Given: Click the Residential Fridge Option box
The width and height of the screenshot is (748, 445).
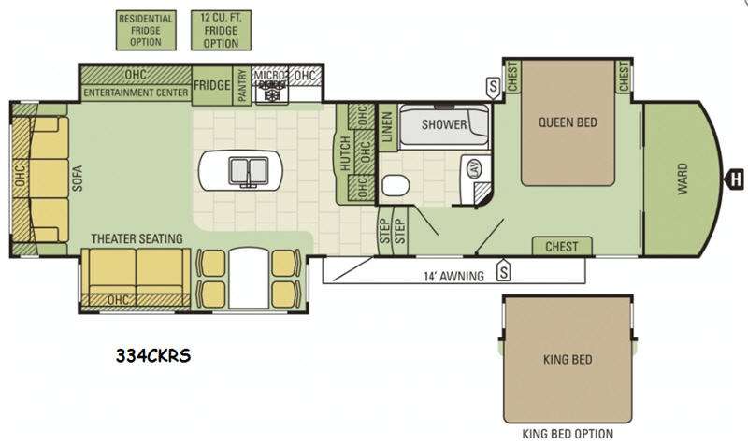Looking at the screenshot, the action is [146, 30].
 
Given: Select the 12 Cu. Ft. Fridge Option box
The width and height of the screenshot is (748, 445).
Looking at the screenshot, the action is [221, 30].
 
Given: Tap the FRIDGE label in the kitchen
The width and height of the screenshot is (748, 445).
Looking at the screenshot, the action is [212, 85].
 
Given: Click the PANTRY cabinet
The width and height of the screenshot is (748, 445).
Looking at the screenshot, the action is [242, 85].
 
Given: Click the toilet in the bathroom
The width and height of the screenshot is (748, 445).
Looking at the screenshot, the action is [396, 185].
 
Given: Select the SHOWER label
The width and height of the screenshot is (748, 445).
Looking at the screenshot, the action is [444, 124].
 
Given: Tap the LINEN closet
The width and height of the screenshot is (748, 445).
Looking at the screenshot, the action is [387, 127].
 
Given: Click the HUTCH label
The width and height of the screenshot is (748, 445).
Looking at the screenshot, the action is [345, 153].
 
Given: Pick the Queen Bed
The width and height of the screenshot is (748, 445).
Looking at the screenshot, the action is [568, 122].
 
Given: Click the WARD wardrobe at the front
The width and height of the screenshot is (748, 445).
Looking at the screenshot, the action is [681, 179].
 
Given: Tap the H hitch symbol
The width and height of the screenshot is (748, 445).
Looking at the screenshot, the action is [735, 179].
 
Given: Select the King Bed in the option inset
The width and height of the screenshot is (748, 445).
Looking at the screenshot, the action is [568, 359].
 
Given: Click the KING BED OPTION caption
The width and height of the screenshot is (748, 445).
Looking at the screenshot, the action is [568, 434].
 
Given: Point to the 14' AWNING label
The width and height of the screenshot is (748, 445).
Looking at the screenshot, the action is [453, 276].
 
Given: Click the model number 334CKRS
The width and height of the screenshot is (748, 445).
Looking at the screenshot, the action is [153, 355].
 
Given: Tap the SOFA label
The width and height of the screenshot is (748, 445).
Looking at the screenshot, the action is [78, 178].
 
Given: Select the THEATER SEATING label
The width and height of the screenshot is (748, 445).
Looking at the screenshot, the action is [137, 238].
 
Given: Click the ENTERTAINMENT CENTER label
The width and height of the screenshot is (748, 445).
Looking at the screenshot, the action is [136, 92].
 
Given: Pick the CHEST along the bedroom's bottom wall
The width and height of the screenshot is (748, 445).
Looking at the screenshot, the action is [562, 246].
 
